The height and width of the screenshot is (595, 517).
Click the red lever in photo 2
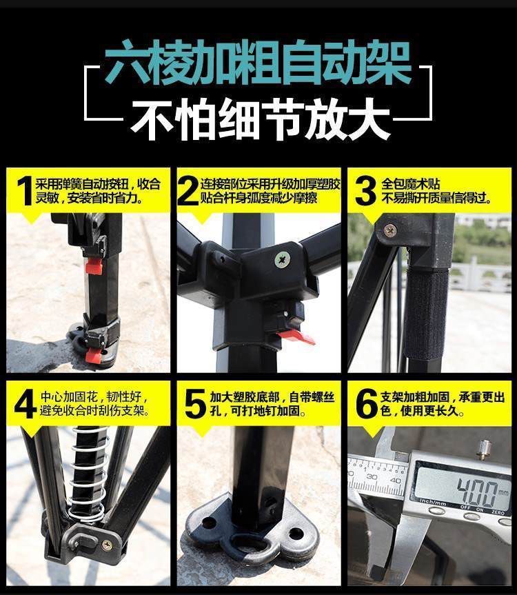[x=296, y=337]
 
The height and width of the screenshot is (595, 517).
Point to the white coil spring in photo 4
[x=90, y=475]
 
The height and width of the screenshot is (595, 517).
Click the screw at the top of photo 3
[x=390, y=230]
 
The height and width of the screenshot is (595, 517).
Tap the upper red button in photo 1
[x=94, y=265]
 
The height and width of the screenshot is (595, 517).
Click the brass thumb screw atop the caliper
[x=484, y=449]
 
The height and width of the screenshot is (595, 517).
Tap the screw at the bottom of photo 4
[x=107, y=545]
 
